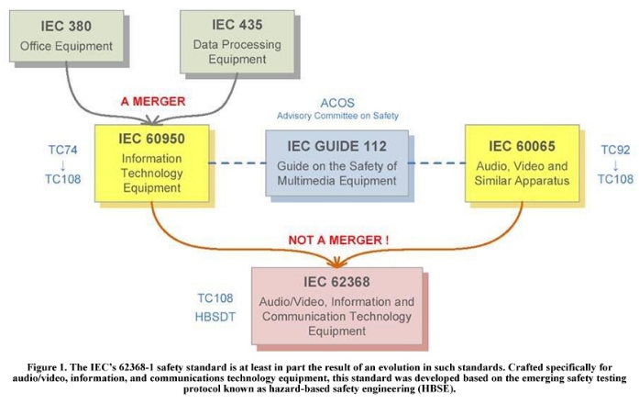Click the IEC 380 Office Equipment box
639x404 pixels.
pos(66,37)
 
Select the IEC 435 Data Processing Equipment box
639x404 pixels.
pos(237,42)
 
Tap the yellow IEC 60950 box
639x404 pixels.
pos(151,163)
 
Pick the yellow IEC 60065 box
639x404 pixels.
pos(522,163)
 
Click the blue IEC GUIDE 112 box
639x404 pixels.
pos(336,163)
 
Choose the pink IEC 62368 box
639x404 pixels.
pos(336,306)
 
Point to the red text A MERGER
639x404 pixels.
pos(153,101)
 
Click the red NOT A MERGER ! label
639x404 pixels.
pos(338,240)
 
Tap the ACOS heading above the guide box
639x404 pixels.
pos(337,103)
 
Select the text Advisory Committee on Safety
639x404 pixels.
pos(337,116)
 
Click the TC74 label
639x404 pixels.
pos(62,150)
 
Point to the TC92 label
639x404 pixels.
pos(615,150)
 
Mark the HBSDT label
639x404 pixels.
pos(215,317)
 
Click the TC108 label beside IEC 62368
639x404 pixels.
pos(215,298)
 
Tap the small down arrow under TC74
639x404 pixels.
pos(62,165)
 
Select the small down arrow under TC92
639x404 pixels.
pos(615,165)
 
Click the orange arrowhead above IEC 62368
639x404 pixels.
pos(337,264)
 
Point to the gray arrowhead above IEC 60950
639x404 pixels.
pos(152,120)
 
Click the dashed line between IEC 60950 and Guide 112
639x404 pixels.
pos(237,163)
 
